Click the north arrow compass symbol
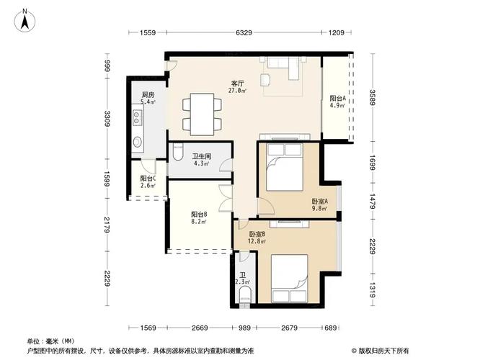24,19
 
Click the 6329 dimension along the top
244,32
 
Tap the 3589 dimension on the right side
373,96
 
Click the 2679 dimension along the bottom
290,328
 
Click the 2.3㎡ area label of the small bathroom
243,282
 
